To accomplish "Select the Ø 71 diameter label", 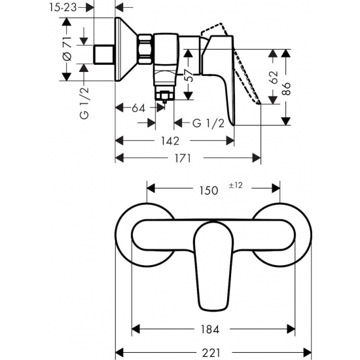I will pos(67,50).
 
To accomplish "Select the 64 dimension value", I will pos(137,108).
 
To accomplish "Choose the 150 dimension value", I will pos(207,190).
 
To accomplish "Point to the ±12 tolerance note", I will pos(236,186).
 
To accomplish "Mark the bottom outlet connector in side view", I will pos(163,96).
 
